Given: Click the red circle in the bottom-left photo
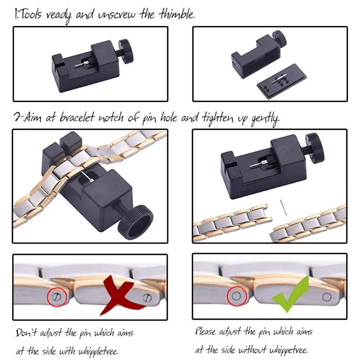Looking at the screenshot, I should point(56,296).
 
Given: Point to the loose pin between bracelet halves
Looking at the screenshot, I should point(283,208).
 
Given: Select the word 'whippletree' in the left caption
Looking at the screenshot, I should point(102,350).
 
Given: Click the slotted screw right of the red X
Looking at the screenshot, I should point(147,297).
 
